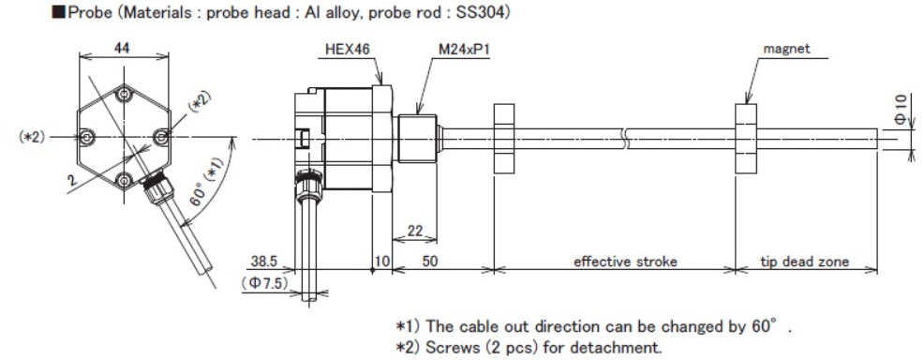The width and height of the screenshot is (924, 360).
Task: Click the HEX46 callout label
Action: point(348,50)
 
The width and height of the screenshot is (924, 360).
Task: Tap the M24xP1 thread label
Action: point(465,50)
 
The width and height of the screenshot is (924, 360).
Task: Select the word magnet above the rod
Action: point(786,49)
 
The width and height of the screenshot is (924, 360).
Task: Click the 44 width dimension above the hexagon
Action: point(122,49)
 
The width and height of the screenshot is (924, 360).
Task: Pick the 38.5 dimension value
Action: point(264,262)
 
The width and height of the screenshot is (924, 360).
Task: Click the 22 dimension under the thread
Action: point(415,232)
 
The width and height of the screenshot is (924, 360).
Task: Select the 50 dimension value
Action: point(430,261)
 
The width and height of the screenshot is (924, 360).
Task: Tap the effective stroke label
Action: point(625,261)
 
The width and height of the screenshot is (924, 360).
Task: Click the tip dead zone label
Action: point(804,261)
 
